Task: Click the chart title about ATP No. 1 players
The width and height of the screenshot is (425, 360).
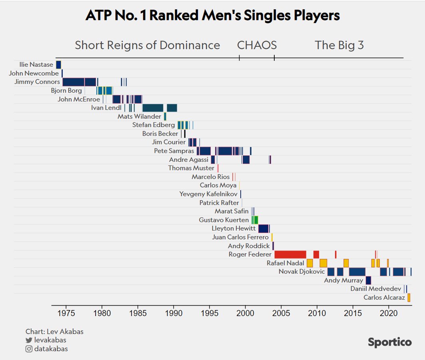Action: click(212, 16)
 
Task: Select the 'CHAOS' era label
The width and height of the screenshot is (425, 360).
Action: click(257, 45)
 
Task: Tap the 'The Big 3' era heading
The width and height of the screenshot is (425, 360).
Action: click(339, 45)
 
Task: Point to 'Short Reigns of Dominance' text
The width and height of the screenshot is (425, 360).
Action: click(147, 45)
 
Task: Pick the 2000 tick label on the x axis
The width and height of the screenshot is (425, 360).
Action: click(245, 312)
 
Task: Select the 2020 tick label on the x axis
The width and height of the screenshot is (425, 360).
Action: click(389, 312)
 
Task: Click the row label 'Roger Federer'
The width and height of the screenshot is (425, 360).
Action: click(250, 255)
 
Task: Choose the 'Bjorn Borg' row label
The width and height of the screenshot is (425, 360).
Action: click(66, 91)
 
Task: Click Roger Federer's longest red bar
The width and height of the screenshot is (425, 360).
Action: click(290, 255)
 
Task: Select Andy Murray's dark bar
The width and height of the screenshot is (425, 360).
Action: click(368, 280)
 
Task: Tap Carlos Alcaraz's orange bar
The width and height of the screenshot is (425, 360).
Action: click(409, 298)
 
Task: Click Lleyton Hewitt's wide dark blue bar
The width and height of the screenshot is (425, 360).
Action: click(263, 229)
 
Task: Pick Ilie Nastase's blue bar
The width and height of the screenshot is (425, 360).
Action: click(58, 65)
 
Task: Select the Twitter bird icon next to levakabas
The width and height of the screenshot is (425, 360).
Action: click(29, 340)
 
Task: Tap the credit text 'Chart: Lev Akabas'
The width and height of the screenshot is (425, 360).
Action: click(54, 332)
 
